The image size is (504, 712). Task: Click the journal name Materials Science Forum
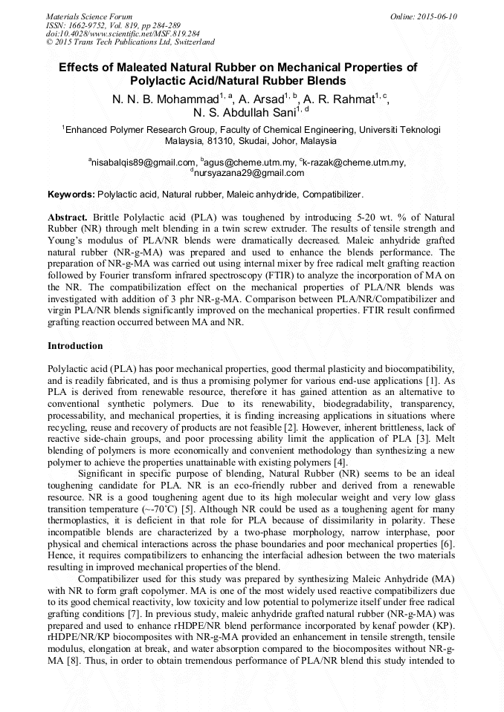click(x=89, y=16)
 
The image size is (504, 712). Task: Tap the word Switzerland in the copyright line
click(x=191, y=43)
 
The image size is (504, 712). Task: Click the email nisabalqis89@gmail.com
click(x=143, y=162)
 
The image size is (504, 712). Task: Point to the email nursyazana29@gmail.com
click(x=248, y=173)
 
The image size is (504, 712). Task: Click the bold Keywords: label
click(x=71, y=195)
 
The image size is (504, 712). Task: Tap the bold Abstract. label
click(x=68, y=216)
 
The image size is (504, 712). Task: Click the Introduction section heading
click(x=75, y=346)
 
